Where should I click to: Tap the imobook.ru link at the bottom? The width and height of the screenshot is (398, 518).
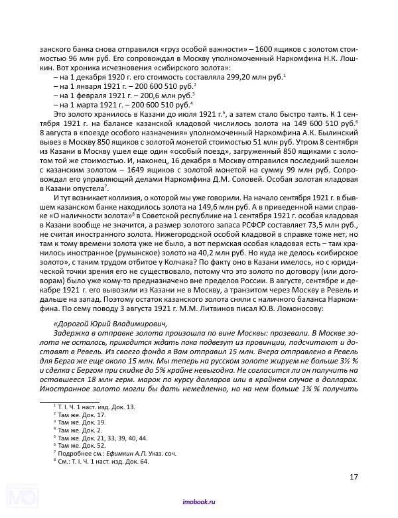[x=198, y=503]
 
